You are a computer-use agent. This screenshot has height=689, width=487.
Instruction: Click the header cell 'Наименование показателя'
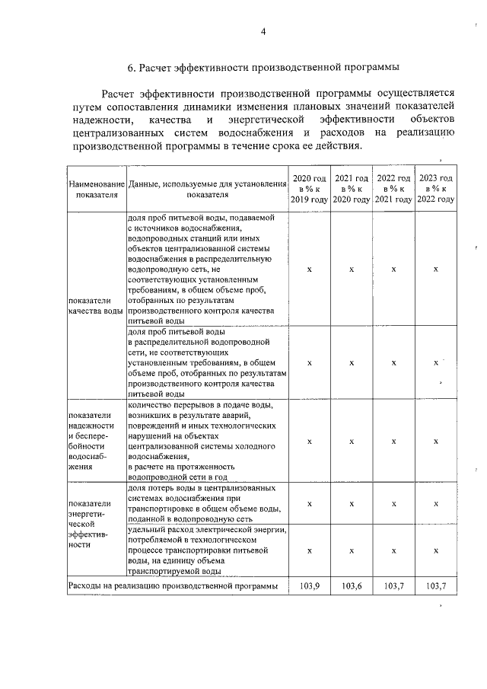click(x=97, y=189)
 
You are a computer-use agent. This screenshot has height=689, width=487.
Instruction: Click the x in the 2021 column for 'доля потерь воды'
click(x=352, y=503)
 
